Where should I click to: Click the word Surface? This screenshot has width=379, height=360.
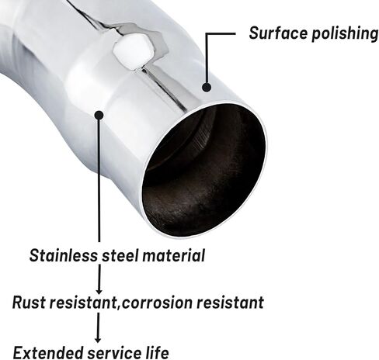278,33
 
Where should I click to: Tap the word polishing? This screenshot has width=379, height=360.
345,34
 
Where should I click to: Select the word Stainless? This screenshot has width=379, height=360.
64,255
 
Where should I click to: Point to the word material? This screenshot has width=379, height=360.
173,255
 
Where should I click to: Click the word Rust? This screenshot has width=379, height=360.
29,302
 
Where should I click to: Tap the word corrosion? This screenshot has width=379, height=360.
157,303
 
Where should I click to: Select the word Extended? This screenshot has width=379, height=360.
48,352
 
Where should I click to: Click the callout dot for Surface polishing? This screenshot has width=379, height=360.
207,87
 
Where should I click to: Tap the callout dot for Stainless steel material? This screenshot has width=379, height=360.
99,115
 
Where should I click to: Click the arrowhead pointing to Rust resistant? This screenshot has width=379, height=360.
99,290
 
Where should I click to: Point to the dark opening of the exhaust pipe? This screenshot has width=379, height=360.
204,170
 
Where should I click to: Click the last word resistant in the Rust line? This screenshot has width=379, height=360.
230,303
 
